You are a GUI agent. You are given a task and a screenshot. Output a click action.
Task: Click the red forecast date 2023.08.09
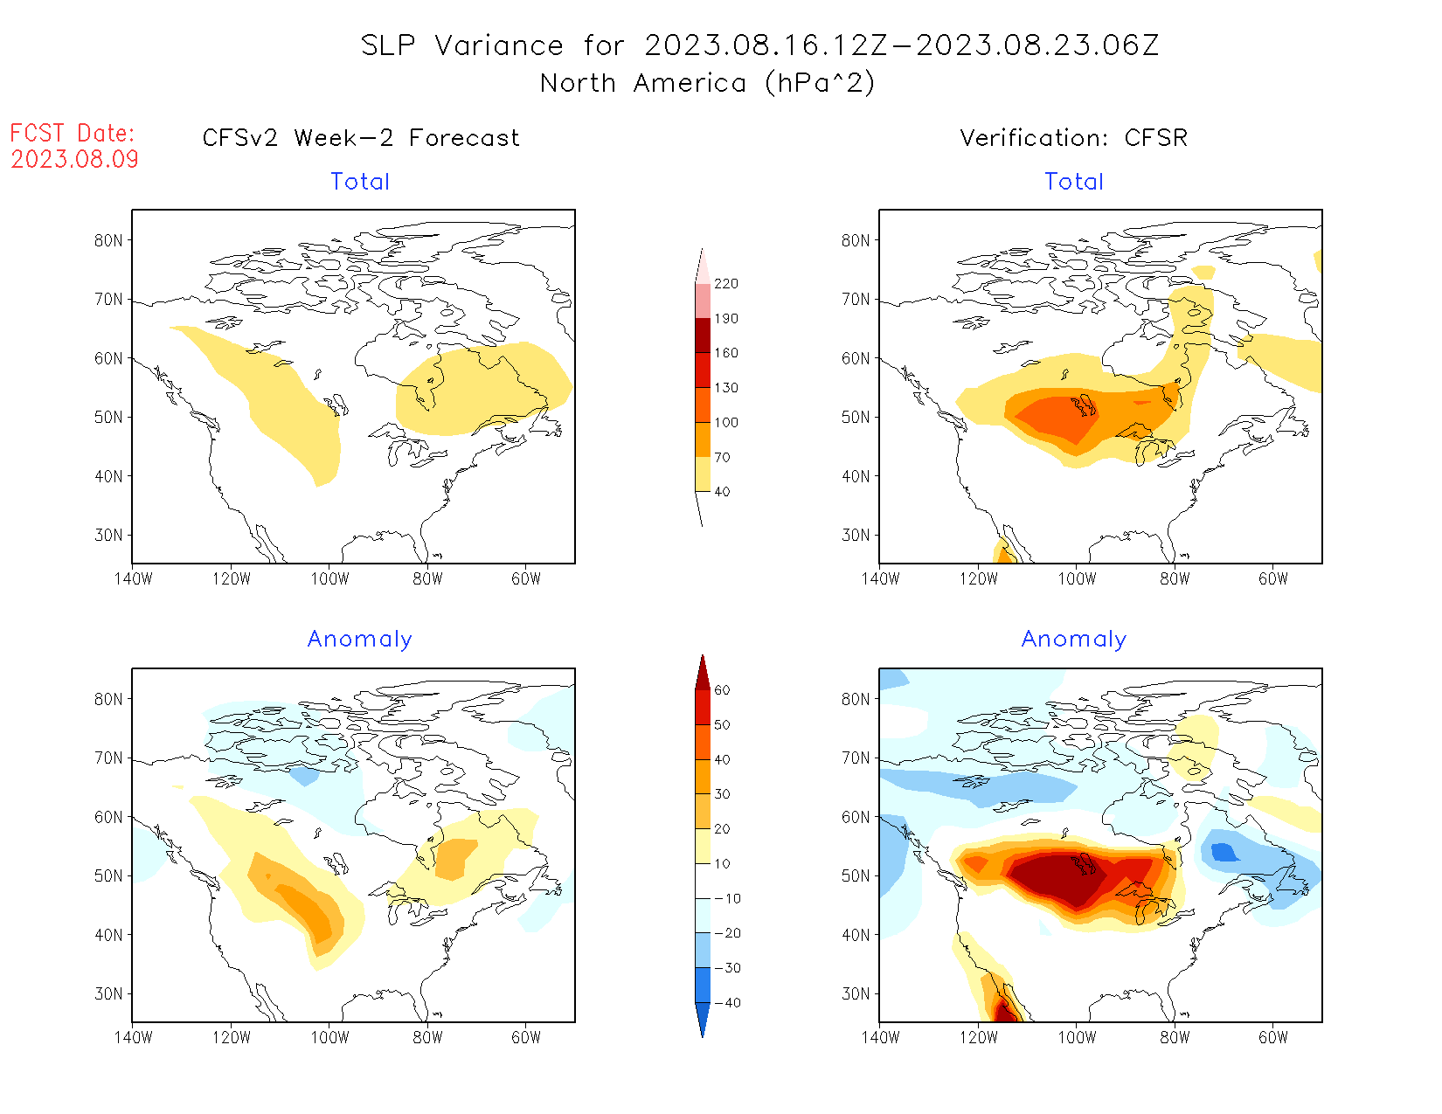click(x=74, y=159)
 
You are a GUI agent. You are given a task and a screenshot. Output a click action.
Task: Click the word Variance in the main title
click(x=499, y=45)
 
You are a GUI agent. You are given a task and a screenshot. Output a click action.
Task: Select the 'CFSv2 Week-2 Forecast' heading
click(x=361, y=138)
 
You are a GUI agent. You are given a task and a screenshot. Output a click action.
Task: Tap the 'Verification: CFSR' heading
click(x=1073, y=138)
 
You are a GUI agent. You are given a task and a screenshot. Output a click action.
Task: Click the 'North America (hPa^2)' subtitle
click(x=707, y=83)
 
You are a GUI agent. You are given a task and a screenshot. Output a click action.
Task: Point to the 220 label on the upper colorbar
click(x=726, y=284)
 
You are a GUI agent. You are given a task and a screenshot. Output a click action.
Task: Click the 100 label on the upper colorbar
click(x=726, y=423)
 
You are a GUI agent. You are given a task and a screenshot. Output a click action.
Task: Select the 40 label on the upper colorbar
click(x=722, y=492)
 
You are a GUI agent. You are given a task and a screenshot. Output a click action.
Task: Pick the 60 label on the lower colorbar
click(x=722, y=690)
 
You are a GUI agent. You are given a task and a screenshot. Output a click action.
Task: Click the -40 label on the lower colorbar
click(x=727, y=1003)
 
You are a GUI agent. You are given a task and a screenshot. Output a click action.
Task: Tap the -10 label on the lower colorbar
click(x=727, y=898)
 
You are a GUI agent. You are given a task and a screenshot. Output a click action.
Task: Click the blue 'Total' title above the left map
click(x=360, y=182)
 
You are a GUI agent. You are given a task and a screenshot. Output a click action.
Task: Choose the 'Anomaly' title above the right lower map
click(x=1074, y=640)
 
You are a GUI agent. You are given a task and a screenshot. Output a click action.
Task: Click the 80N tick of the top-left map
click(x=108, y=241)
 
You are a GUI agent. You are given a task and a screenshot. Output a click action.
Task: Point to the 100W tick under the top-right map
click(x=1077, y=578)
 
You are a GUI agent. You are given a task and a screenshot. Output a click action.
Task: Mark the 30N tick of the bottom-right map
click(x=856, y=994)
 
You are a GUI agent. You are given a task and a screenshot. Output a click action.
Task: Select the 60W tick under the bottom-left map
click(x=526, y=1037)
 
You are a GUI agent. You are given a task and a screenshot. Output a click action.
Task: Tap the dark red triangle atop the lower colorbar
click(x=703, y=673)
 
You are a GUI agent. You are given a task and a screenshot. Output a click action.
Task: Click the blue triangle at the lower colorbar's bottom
click(x=703, y=1020)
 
